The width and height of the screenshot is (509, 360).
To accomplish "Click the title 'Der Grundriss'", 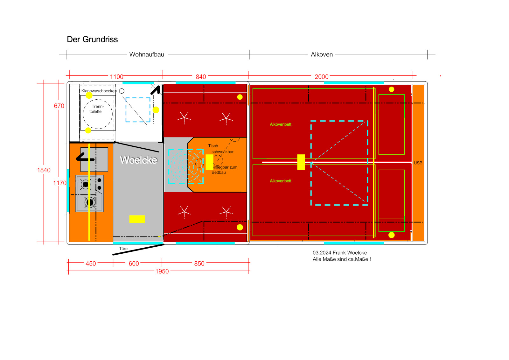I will pyautogui.click(x=92, y=39).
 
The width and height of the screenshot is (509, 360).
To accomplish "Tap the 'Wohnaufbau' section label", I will pyautogui.click(x=147, y=54).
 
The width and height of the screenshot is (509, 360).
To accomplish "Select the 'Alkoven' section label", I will pyautogui.click(x=322, y=54).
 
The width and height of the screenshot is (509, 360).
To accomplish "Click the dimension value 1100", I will pyautogui.click(x=116, y=77).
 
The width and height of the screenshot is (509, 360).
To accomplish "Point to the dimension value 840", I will pyautogui.click(x=201, y=77).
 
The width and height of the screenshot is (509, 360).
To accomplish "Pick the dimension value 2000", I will pyautogui.click(x=321, y=77).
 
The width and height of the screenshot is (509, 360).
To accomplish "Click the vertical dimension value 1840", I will pyautogui.click(x=44, y=170).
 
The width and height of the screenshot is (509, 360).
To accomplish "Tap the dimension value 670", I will pyautogui.click(x=59, y=106).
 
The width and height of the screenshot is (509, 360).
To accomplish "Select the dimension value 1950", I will pyautogui.click(x=162, y=272).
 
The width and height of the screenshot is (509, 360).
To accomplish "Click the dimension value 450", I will pyautogui.click(x=91, y=264).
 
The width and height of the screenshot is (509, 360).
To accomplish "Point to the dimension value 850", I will pyautogui.click(x=199, y=264).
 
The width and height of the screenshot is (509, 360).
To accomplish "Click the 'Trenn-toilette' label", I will pyautogui.click(x=96, y=109).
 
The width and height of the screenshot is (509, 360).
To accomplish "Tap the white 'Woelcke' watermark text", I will pyautogui.click(x=138, y=160).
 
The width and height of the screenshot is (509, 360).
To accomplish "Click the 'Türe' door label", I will pyautogui.click(x=123, y=249).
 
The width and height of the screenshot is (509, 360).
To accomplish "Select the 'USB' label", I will pyautogui.click(x=418, y=163).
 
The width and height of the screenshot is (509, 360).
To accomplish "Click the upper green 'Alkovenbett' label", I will pyautogui.click(x=280, y=124).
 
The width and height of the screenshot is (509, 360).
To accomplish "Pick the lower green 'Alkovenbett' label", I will pyautogui.click(x=280, y=181).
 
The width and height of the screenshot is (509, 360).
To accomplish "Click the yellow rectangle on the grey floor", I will pyautogui.click(x=137, y=219).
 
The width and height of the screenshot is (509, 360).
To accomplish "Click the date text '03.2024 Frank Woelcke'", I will pyautogui.click(x=339, y=253).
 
